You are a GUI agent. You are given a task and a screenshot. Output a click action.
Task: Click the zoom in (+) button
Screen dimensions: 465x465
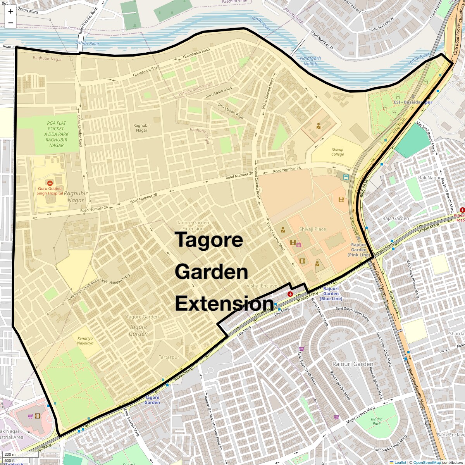point(10,11)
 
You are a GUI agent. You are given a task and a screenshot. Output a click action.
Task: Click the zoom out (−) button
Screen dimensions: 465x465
point(10,23)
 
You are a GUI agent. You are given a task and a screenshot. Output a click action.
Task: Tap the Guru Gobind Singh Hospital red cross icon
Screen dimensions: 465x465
point(50,183)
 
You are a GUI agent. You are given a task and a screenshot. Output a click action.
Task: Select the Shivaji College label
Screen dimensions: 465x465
point(338,152)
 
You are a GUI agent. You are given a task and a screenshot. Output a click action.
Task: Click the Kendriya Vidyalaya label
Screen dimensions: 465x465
point(85,341)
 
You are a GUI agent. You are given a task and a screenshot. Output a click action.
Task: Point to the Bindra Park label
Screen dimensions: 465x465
point(376,421)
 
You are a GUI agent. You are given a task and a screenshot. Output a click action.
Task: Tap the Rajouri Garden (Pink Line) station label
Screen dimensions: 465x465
point(358,250)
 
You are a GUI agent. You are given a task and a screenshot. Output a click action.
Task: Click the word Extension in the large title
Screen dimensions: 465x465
point(224,304)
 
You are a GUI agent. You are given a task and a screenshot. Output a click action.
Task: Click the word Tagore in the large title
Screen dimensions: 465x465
point(209,240)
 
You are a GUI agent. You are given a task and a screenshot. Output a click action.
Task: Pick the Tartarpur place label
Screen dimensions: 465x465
point(169,357)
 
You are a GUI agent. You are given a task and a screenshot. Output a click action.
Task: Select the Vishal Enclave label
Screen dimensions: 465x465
point(262,286)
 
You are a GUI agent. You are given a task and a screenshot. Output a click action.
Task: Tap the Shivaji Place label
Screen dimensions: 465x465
point(312,229)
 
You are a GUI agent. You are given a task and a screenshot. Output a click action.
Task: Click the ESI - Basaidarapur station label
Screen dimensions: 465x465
point(413,102)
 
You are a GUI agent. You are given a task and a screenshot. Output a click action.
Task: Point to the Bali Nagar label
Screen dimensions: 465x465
point(429,178)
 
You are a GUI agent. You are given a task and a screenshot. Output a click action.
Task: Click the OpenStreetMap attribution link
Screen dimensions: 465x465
point(427,462)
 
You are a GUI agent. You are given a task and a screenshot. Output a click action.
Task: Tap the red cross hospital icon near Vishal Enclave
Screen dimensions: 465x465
point(290,294)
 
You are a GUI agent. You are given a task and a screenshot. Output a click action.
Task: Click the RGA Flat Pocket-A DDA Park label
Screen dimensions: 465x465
point(57,134)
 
